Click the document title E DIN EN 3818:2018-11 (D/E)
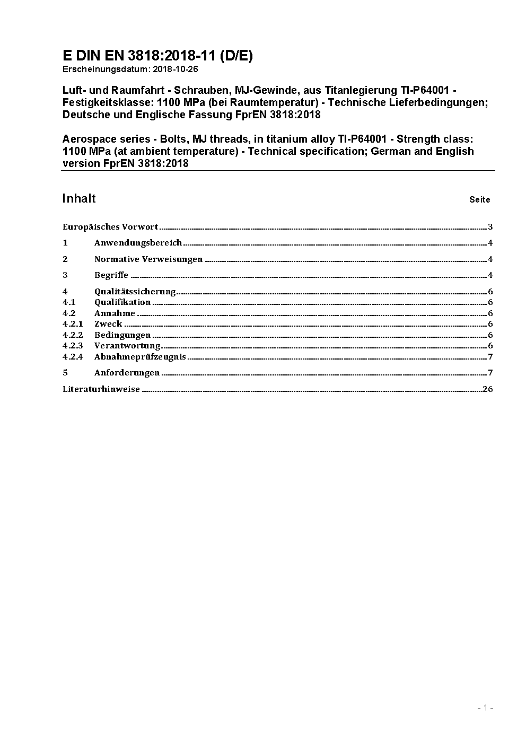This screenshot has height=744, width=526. coord(157,56)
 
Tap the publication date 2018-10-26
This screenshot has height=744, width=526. coord(172,69)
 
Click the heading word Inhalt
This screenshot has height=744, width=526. coord(79,198)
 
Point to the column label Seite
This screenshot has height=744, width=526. coord(479,200)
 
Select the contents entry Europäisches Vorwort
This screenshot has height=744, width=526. coord(110,227)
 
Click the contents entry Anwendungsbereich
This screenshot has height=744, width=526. coord(138,243)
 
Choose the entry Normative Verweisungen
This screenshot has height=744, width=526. coord(148,259)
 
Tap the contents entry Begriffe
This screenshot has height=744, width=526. coord(111,275)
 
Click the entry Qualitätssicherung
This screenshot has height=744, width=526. coord(135,291)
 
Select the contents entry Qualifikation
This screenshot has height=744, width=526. coord(122,302)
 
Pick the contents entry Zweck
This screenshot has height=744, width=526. coord(108,324)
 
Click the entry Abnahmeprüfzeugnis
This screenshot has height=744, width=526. coord(140,356)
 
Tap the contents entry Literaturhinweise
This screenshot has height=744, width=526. coord(101,389)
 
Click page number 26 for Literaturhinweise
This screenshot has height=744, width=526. coord(488,389)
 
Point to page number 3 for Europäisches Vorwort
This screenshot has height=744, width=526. coord(490,227)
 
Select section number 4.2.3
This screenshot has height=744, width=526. coord(73,346)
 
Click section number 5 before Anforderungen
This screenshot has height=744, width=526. coord(65,372)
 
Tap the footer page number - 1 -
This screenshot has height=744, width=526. coord(485,707)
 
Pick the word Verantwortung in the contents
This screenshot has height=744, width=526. coord(127,346)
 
